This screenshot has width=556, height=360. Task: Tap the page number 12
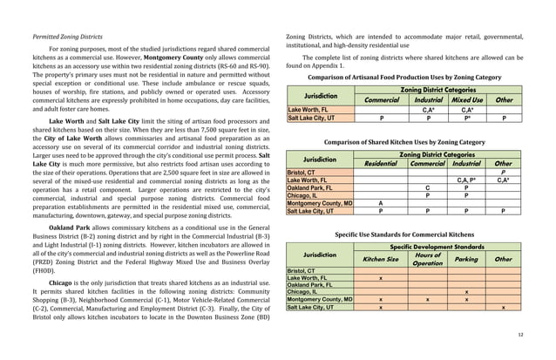520,334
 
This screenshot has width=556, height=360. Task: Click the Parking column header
467,259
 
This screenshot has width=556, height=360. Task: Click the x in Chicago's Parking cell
467,292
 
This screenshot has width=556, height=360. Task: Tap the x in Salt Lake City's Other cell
504,308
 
